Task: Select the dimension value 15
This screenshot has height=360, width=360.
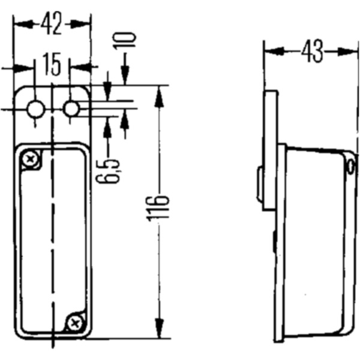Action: pyautogui.click(x=53, y=65)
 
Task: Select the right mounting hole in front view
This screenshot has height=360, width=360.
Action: pyautogui.click(x=71, y=109)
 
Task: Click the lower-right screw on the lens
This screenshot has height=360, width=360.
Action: pyautogui.click(x=75, y=323)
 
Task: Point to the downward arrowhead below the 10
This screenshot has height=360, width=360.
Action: pyautogui.click(x=125, y=77)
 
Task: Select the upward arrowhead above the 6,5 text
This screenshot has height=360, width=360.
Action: pyautogui.click(x=108, y=124)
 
